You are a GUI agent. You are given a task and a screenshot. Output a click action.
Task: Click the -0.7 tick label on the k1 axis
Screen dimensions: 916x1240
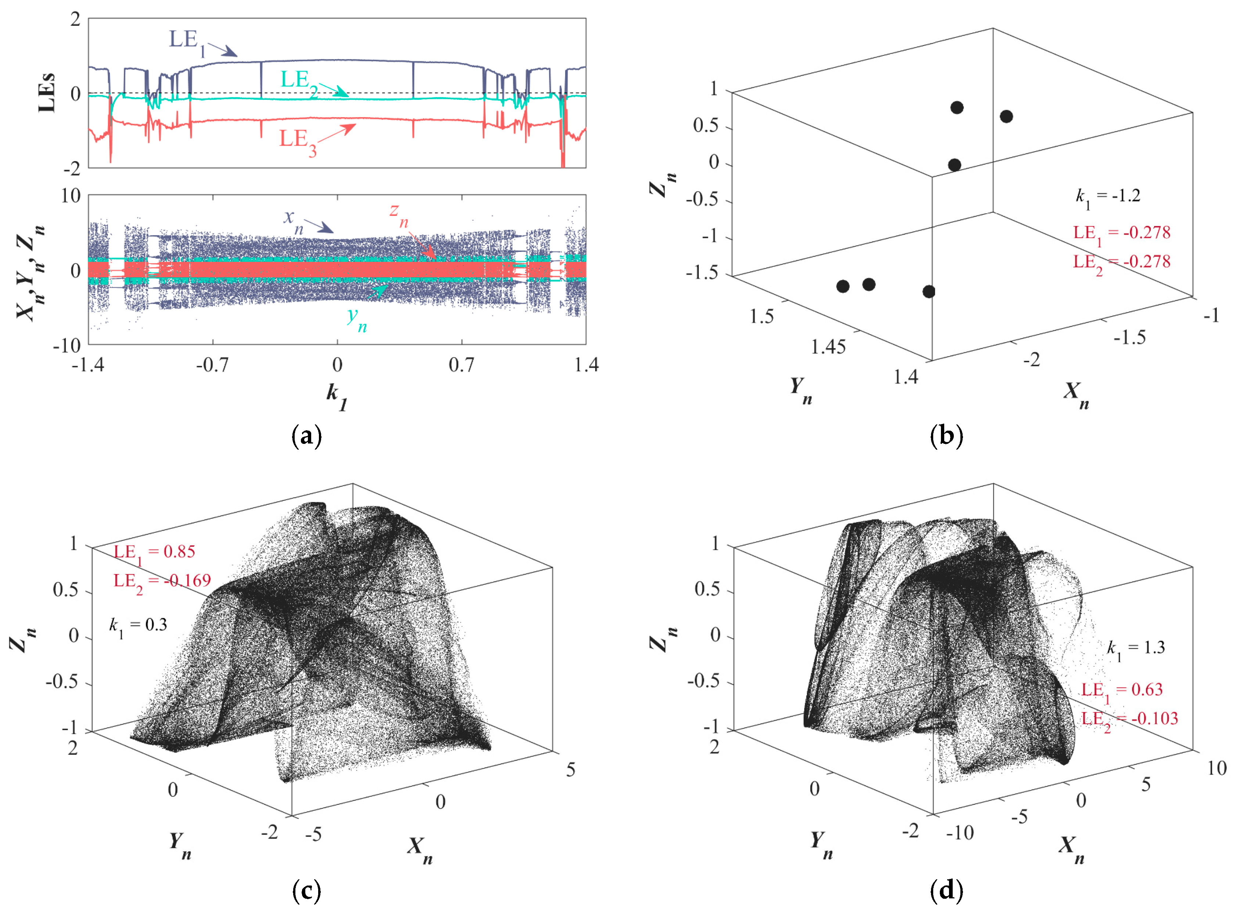tap(212, 365)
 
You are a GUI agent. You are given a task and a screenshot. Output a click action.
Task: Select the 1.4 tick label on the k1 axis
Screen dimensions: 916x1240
tap(586, 365)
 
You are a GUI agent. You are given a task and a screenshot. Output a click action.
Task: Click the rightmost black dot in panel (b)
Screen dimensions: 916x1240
tap(1006, 116)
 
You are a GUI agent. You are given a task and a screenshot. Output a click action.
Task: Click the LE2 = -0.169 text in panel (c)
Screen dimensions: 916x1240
tap(162, 582)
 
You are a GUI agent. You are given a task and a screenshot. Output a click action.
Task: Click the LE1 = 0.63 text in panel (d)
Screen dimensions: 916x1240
tap(1121, 690)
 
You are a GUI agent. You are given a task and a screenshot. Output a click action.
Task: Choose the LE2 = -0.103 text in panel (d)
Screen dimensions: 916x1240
tap(1129, 719)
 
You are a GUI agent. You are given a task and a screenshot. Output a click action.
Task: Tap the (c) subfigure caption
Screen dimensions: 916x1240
tap(306, 891)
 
